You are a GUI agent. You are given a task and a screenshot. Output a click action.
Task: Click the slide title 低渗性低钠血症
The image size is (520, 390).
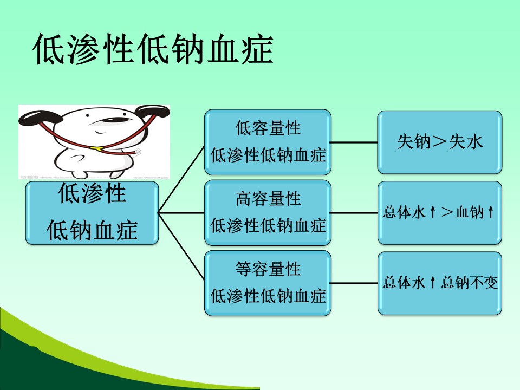[x=153, y=49]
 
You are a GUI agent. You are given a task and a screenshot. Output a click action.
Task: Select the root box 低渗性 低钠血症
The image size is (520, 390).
[x=92, y=213]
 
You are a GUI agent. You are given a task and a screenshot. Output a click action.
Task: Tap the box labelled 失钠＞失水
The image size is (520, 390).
[x=439, y=142]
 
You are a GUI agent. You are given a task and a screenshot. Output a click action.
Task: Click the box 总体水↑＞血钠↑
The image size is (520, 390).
[x=439, y=213]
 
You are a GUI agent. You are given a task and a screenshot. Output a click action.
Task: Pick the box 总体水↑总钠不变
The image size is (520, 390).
[x=439, y=283]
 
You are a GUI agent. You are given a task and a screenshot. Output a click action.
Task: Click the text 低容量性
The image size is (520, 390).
[x=268, y=128]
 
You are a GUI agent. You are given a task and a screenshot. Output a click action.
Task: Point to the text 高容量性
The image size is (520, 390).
[x=268, y=198]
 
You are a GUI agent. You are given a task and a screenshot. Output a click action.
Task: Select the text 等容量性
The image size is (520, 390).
[x=268, y=269]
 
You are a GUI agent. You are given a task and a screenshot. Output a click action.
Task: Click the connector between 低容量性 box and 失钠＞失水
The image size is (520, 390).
[x=354, y=142]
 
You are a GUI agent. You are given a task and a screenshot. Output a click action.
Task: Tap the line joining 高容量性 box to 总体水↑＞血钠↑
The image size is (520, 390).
[x=354, y=213]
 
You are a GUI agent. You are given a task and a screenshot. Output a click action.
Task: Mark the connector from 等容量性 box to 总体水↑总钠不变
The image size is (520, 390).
[x=354, y=283]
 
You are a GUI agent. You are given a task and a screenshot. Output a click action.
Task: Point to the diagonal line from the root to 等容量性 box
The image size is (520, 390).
[x=181, y=248]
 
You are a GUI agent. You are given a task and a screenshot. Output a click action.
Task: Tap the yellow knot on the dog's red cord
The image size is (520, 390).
[x=96, y=148]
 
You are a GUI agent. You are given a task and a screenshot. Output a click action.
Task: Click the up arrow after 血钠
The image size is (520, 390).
[x=491, y=212]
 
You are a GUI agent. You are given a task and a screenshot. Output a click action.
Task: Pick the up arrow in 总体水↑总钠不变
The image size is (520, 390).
[x=432, y=283]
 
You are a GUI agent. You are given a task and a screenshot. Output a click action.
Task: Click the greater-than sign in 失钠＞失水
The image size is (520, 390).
[x=439, y=142]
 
